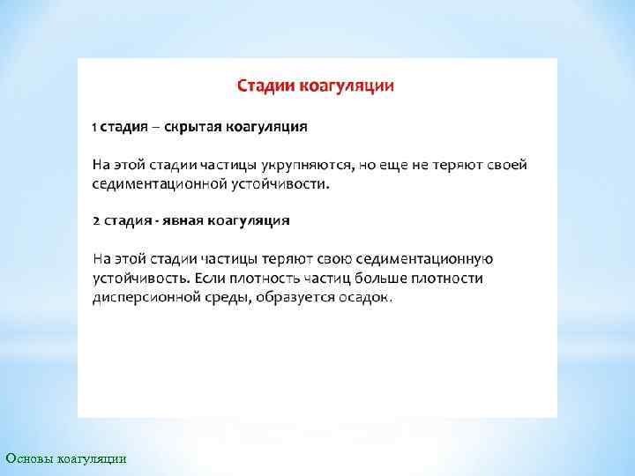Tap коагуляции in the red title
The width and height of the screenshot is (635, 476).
[x=347, y=86]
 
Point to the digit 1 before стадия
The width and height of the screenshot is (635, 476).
[x=95, y=127]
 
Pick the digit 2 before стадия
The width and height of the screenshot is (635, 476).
[x=96, y=219]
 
